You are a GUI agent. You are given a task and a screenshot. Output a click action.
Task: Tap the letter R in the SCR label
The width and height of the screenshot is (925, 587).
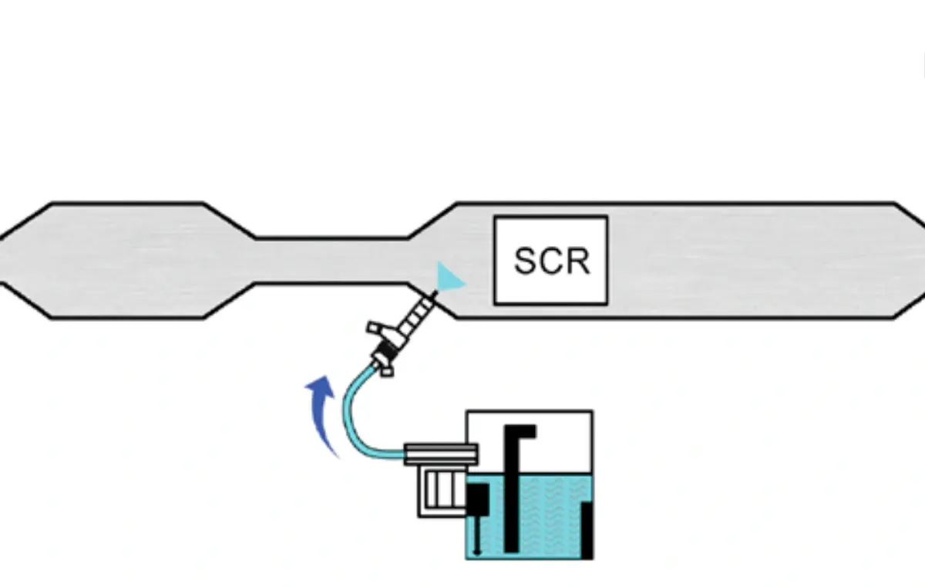click(x=577, y=261)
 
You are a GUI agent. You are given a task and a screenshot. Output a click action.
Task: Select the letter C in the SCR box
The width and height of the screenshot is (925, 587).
click(x=553, y=261)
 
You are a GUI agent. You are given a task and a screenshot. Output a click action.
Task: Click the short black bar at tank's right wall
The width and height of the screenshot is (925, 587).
click(x=587, y=529)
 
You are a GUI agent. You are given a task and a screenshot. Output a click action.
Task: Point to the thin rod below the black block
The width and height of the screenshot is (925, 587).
click(x=477, y=535)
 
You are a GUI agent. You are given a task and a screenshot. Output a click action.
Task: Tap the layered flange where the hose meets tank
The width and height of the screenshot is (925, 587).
click(x=439, y=455)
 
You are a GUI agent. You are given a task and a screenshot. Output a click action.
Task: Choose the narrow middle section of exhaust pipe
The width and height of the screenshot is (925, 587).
click(x=331, y=261)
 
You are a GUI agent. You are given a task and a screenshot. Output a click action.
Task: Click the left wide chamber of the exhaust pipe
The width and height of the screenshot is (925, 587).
click(x=127, y=261)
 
